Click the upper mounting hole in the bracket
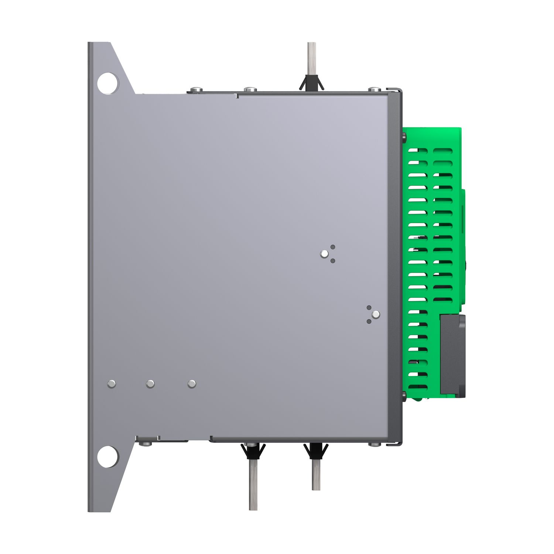click(108, 83)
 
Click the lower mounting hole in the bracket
click(108, 456)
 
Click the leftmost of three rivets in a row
click(112, 384)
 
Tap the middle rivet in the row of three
click(150, 384)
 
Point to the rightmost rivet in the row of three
click(191, 384)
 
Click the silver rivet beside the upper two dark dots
click(324, 254)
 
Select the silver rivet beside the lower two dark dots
click(376, 314)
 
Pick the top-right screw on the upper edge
click(374, 89)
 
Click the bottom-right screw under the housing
click(374, 444)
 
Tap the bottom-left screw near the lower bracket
click(147, 443)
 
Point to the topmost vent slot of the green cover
click(418, 151)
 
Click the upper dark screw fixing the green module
click(404, 138)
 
